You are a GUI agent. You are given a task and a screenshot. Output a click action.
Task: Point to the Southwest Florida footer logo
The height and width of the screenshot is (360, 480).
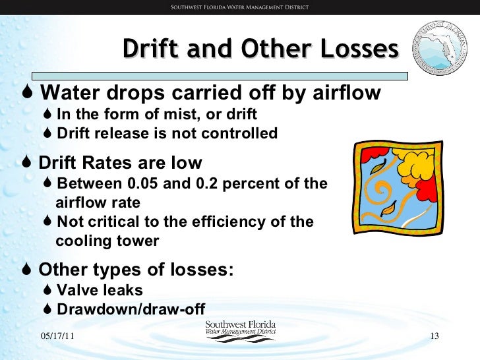point(240,330)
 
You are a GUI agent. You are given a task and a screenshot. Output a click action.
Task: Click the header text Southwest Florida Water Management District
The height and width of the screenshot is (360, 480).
point(239,8)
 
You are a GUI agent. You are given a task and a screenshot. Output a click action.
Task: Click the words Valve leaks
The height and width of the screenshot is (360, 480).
point(100,290)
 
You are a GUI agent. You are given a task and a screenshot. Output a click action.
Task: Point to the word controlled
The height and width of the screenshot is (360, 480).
point(244,134)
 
